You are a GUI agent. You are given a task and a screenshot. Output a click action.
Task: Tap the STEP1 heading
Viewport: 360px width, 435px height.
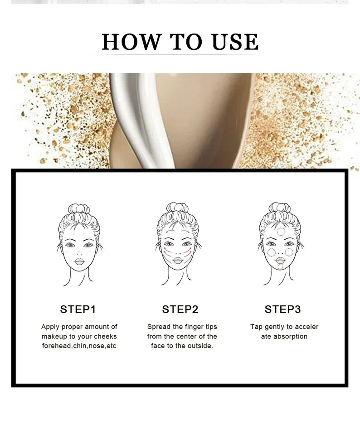(78, 309)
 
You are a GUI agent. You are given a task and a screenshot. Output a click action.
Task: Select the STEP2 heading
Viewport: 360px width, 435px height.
(180, 309)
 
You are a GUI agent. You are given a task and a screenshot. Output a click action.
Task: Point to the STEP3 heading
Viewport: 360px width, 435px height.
(282, 309)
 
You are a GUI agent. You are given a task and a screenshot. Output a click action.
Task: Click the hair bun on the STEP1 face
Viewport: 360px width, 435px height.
(78, 209)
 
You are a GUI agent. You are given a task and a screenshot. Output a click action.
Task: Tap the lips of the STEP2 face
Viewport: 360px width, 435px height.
(177, 261)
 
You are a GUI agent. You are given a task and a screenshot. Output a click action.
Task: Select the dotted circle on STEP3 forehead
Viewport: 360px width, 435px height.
(281, 232)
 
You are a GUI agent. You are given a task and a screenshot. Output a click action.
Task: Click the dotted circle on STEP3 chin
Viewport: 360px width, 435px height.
(280, 266)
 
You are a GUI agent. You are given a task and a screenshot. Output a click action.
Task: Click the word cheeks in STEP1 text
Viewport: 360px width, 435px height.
(106, 336)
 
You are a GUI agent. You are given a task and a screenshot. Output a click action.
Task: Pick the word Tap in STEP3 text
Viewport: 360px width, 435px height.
(256, 327)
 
